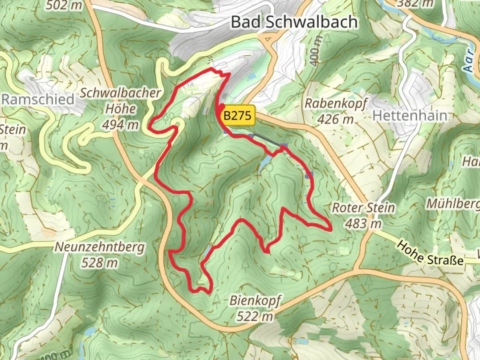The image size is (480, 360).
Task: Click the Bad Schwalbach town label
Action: pyautogui.click(x=294, y=22)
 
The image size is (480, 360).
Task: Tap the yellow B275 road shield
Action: pyautogui.click(x=237, y=116)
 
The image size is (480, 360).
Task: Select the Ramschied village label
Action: pyautogui.click(x=38, y=99)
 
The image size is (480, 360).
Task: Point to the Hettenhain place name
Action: pyautogui.click(x=410, y=116)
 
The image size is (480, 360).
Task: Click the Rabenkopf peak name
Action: pyautogui.click(x=335, y=103)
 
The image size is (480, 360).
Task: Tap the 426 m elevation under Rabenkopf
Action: pyautogui.click(x=335, y=119)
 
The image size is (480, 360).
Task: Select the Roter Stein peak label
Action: pyautogui.click(x=363, y=208)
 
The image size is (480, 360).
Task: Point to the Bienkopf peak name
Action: pyautogui.click(x=255, y=300)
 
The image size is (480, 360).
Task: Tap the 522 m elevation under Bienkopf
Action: pyautogui.click(x=255, y=316)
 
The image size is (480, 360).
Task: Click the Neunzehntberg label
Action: pyautogui.click(x=100, y=247)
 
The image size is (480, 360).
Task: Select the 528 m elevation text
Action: pyautogui.click(x=100, y=263)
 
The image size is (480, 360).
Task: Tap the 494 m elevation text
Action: pyautogui.click(x=120, y=125)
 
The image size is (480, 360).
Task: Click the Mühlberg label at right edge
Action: pyautogui.click(x=453, y=203)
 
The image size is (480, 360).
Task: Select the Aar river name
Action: pyautogui.click(x=468, y=61)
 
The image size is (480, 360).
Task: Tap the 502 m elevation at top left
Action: pyautogui.click(x=64, y=5)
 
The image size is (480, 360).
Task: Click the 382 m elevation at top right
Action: pyautogui.click(x=415, y=3)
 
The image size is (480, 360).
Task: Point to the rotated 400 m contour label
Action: pyautogui.click(x=315, y=50)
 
